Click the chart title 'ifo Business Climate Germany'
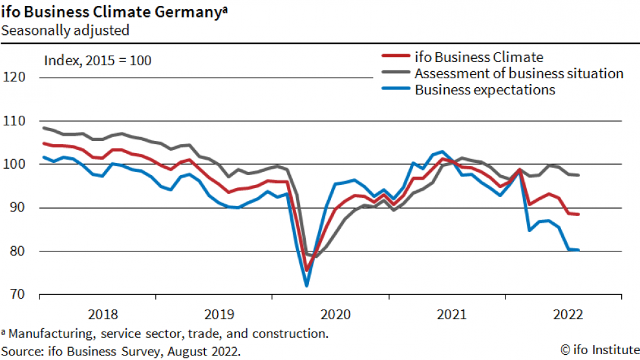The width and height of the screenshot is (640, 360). (112, 12)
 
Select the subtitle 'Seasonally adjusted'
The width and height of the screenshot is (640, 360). (65, 30)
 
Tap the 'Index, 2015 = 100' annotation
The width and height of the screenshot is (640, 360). (98, 61)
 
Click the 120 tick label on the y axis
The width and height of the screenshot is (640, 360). (14, 78)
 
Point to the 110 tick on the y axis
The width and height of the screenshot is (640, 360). (14, 121)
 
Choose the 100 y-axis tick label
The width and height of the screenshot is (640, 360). (14, 164)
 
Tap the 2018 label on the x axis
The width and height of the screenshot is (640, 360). (102, 315)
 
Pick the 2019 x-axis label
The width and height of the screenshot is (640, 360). (219, 315)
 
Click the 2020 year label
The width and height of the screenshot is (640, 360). (336, 315)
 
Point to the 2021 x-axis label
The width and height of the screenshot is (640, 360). (452, 315)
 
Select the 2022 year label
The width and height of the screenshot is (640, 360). (568, 315)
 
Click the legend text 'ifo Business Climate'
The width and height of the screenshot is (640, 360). (479, 57)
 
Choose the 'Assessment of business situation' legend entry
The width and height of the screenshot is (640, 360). (519, 73)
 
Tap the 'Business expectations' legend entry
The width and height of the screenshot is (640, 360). (485, 90)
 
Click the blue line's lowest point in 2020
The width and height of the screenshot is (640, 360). (306, 285)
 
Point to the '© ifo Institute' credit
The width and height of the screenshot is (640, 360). (599, 350)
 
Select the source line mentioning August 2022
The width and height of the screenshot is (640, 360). (120, 350)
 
